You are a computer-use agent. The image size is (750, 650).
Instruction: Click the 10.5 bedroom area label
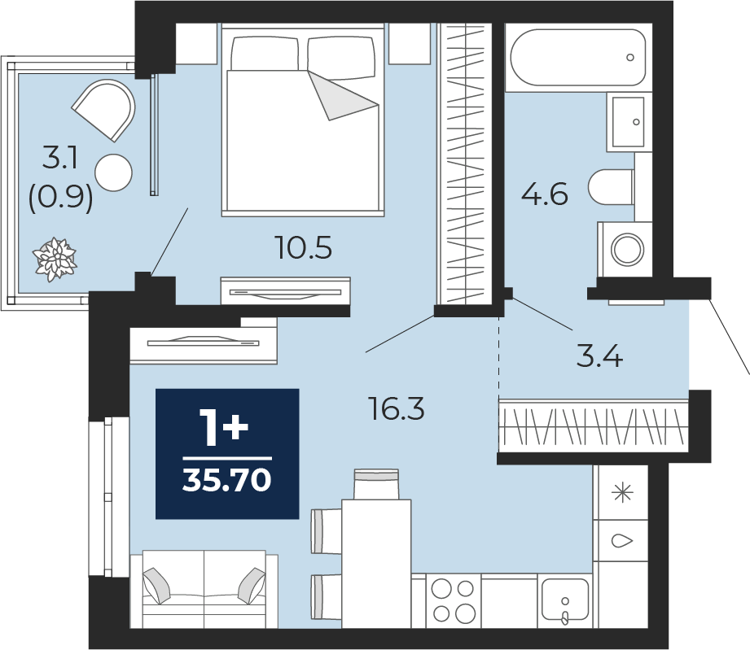(x=304, y=248)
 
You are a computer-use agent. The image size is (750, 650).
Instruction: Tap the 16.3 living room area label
(x=397, y=409)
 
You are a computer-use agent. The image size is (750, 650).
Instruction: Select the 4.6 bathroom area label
(x=544, y=194)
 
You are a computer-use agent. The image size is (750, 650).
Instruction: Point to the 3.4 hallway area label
(x=599, y=356)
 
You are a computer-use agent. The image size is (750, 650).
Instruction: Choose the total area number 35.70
(x=226, y=479)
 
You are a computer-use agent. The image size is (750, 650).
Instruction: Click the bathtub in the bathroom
(x=578, y=57)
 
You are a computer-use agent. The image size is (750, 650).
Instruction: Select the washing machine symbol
(x=625, y=249)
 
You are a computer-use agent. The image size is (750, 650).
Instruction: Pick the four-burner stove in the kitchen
(x=453, y=600)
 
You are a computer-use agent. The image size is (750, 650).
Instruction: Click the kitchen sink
(x=565, y=601)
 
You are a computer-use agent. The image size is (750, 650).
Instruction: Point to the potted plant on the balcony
(x=55, y=259)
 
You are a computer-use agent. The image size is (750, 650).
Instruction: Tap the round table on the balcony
(x=113, y=172)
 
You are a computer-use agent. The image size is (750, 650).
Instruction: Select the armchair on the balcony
(x=105, y=110)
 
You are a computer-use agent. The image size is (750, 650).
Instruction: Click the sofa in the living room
(x=204, y=589)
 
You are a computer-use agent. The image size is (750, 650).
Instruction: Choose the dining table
(x=376, y=564)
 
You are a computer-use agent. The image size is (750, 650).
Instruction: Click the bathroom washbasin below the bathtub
(x=629, y=122)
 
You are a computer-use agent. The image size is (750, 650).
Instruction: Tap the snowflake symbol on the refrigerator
(x=622, y=492)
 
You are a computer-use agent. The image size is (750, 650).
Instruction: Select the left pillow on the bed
(x=265, y=53)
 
